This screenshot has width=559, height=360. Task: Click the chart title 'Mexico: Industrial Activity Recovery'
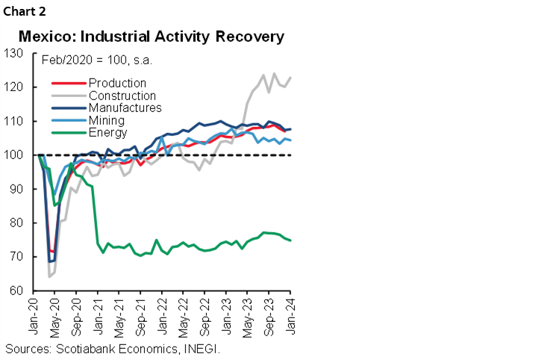(x=151, y=37)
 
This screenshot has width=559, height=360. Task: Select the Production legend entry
(x=116, y=83)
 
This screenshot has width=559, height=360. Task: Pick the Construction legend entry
(x=122, y=96)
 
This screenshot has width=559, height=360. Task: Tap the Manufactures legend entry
(x=123, y=108)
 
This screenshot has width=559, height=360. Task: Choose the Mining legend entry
(x=106, y=120)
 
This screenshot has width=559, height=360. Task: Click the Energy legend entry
(x=107, y=132)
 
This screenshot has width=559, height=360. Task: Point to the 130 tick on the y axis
(x=14, y=53)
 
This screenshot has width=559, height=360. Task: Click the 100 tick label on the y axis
(x=14, y=155)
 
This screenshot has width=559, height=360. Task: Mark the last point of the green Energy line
(x=290, y=240)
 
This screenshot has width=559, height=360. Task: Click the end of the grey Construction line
(x=290, y=78)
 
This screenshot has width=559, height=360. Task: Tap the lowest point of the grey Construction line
(x=49, y=276)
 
